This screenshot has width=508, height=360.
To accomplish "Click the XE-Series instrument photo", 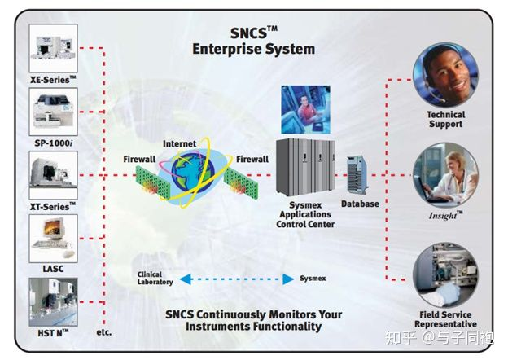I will tap(54, 47).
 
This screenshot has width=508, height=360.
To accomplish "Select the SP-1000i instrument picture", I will tap(54, 112).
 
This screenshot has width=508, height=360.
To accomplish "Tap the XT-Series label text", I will tap(53, 206).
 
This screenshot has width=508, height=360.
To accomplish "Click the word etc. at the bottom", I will tap(103, 332).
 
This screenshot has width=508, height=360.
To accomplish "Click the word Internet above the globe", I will tap(179, 144).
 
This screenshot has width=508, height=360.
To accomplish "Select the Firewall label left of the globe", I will tap(139, 158).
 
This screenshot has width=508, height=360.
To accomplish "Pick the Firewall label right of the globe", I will tap(252, 158).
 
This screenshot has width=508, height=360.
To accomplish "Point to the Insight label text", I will tap(445, 215).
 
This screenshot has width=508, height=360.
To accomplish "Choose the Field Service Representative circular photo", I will tap(445, 274).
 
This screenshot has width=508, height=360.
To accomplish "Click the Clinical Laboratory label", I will tap(155, 279).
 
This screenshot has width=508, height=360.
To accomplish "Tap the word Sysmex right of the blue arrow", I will tap(313, 279).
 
